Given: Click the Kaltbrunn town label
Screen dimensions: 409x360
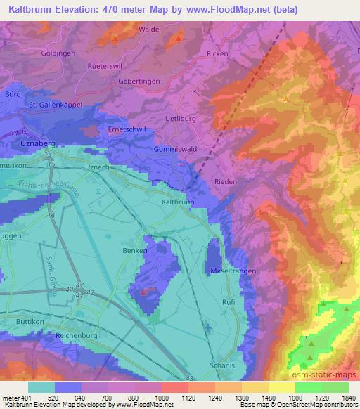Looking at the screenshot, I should pyautogui.click(x=177, y=202).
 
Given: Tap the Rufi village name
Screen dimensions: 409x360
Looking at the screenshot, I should pyautogui.click(x=229, y=303).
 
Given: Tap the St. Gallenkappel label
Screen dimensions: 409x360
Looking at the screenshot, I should pyautogui.click(x=56, y=105).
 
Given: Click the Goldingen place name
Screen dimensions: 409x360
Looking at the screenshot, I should pyautogui.click(x=39, y=53).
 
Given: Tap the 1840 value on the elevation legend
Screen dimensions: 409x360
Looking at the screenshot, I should pyautogui.click(x=347, y=398).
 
